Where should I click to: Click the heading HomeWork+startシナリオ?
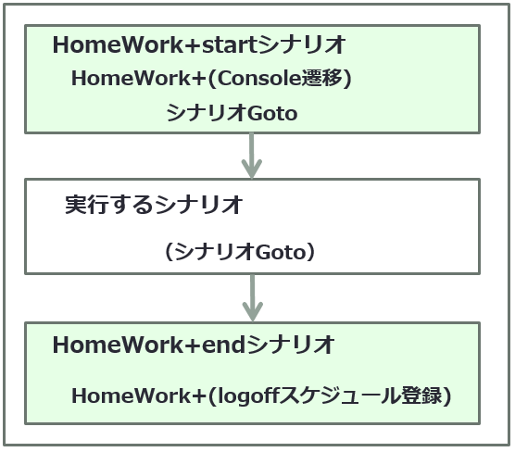(199, 44)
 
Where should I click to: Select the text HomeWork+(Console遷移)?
(211, 79)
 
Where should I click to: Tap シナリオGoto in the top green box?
(232, 113)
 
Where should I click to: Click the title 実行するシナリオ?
(154, 205)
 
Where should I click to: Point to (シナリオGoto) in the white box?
(239, 252)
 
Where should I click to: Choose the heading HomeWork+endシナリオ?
(194, 345)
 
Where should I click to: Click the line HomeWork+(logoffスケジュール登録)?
(261, 395)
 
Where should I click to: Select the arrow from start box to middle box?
(252, 156)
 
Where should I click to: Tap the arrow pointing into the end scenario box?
(252, 297)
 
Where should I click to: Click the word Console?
(259, 79)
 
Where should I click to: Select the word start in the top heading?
(230, 45)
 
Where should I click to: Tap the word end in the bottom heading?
(223, 345)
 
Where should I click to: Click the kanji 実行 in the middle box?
(86, 205)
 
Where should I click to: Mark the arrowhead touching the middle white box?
(252, 169)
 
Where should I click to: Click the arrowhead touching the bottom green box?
(252, 311)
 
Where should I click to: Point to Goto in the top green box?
(272, 113)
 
